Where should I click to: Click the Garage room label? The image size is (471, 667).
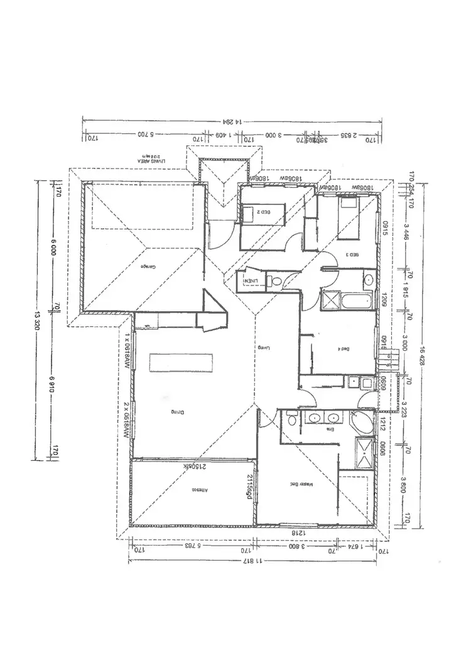pyautogui.click(x=148, y=267)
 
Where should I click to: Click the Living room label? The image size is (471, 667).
pyautogui.click(x=258, y=347)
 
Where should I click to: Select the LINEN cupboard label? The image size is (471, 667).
pyautogui.click(x=251, y=280)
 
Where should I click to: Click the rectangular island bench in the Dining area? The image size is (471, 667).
pyautogui.click(x=181, y=363)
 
